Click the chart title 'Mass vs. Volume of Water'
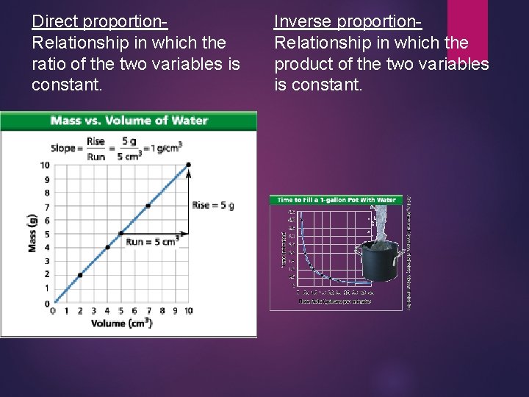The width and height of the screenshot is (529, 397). tap(129, 121)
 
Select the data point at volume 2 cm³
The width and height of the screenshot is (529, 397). tap(80, 275)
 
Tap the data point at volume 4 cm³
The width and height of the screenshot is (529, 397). tap(107, 247)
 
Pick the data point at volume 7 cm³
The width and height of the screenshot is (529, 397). tap(148, 206)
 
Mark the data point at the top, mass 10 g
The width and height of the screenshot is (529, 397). tap(189, 165)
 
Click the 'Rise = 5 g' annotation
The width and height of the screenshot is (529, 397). tap(213, 205)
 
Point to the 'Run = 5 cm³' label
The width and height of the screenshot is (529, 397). tap(152, 242)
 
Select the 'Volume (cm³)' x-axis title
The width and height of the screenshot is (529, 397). tap(122, 323)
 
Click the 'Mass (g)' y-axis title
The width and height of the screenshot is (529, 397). tap(32, 233)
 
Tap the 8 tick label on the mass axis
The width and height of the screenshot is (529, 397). tap(46, 193)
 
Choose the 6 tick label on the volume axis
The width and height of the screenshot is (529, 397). tap(134, 311)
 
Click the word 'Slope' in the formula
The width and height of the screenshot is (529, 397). tap(63, 148)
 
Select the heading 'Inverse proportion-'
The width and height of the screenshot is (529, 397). tap(348, 21)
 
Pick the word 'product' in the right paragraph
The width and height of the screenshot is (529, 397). tap(305, 64)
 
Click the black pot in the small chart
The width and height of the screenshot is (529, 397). tap(378, 261)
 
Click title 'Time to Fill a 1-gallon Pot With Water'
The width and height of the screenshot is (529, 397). tap(337, 200)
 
